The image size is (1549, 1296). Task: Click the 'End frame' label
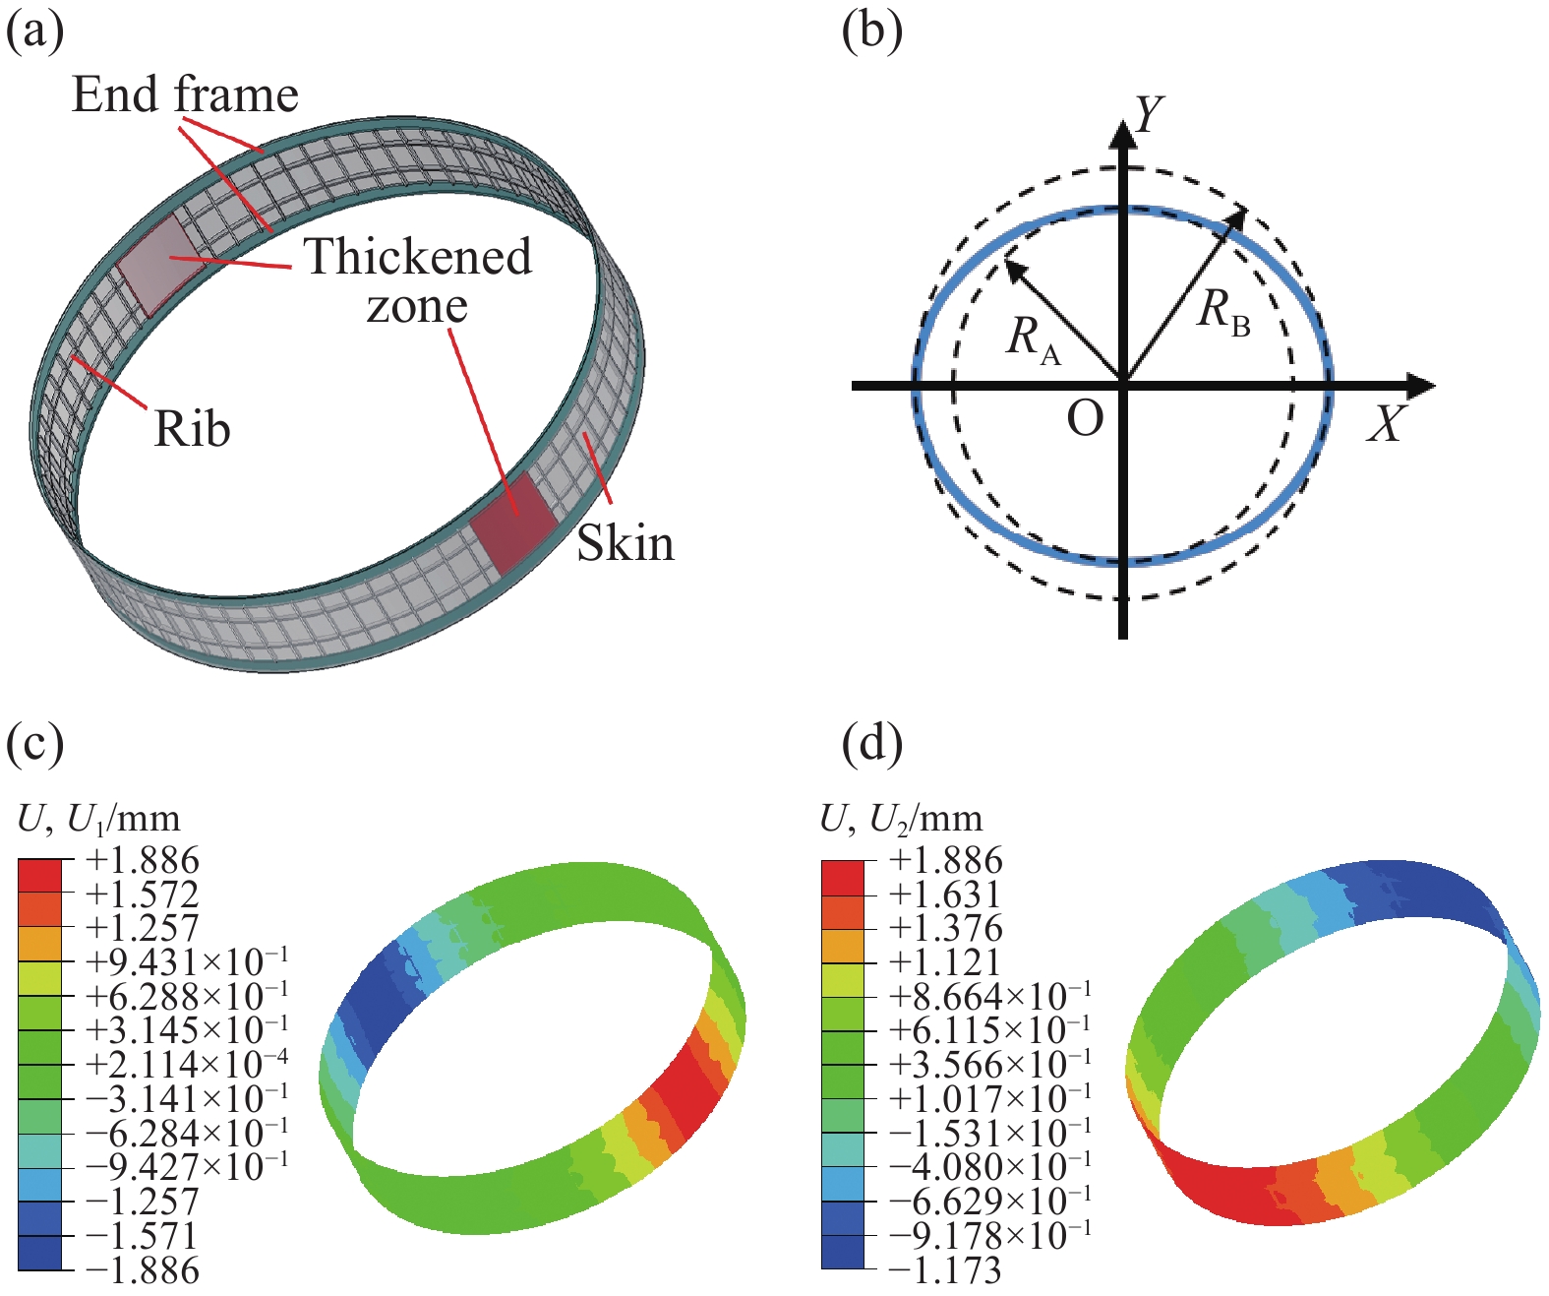coord(185,95)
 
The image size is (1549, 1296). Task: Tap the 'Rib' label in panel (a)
coord(192,429)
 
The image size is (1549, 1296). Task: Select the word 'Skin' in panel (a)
coord(626,543)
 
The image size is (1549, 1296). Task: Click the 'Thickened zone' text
coord(417,280)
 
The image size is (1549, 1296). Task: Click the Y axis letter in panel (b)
coord(1149,115)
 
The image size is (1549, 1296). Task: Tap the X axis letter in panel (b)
coord(1387,424)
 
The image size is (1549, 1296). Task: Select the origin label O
coord(1085,420)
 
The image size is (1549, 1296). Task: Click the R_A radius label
coord(1033,339)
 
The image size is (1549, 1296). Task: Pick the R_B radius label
coord(1223,312)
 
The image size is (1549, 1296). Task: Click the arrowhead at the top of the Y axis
coord(1123,132)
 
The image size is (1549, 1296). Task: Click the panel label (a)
coord(35,31)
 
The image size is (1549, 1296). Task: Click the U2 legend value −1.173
coord(945,1269)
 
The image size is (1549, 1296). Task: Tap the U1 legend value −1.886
coord(143,1269)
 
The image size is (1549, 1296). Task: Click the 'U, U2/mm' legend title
coord(901,818)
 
